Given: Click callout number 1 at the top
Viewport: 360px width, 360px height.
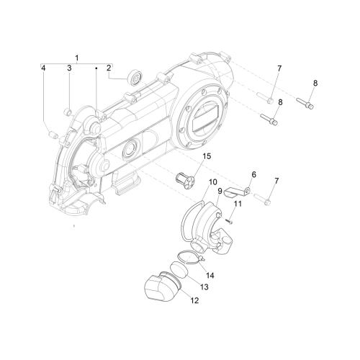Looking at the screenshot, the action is click(77, 58).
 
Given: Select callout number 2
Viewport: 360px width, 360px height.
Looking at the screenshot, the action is click(109, 68).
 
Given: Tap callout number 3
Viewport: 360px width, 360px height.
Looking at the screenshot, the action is click(69, 68).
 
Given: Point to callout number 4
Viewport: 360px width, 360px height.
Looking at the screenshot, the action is click(43, 68).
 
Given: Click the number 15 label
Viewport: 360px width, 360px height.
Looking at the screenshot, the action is click(207, 156).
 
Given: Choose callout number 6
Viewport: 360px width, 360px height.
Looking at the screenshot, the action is click(253, 174).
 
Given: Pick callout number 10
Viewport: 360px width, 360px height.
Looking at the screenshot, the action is click(213, 181).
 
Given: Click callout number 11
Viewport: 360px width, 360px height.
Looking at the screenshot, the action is click(238, 204).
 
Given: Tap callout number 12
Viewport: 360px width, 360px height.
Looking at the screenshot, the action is click(195, 300).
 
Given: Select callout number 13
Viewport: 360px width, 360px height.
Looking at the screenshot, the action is click(204, 287).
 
